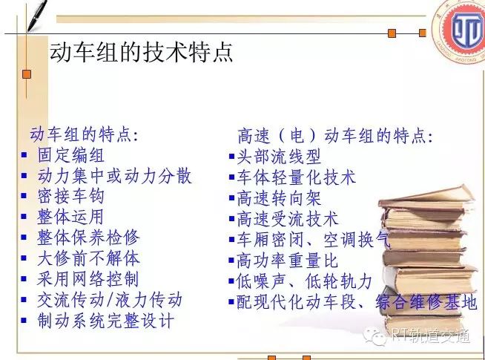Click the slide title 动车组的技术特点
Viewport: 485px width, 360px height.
coord(142,52)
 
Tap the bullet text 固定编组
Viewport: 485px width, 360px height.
coord(70,155)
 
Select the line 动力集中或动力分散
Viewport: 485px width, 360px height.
coord(114,176)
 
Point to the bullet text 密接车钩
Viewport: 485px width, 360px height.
coord(70,196)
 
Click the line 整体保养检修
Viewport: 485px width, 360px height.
coord(88,238)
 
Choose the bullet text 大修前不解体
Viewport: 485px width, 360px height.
coord(88,258)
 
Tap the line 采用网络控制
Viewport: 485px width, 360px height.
coord(88,279)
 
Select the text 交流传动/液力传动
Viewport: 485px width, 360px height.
coord(110,300)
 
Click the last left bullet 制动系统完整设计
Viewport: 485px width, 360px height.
coord(105,321)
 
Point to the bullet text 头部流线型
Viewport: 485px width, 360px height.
coord(279,157)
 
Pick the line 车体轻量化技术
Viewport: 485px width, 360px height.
coord(296,177)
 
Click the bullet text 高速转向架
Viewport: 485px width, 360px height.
coord(279,198)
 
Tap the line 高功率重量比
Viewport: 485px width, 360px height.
coord(287,261)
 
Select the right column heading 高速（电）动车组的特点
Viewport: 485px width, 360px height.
coord(335,136)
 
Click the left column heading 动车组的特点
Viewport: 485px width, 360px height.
coord(84,134)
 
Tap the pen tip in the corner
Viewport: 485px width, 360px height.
coord(28,31)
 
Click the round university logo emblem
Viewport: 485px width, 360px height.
coord(459,32)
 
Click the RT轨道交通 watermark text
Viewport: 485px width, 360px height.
coord(431,336)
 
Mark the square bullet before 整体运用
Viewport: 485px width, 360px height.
coord(24,217)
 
